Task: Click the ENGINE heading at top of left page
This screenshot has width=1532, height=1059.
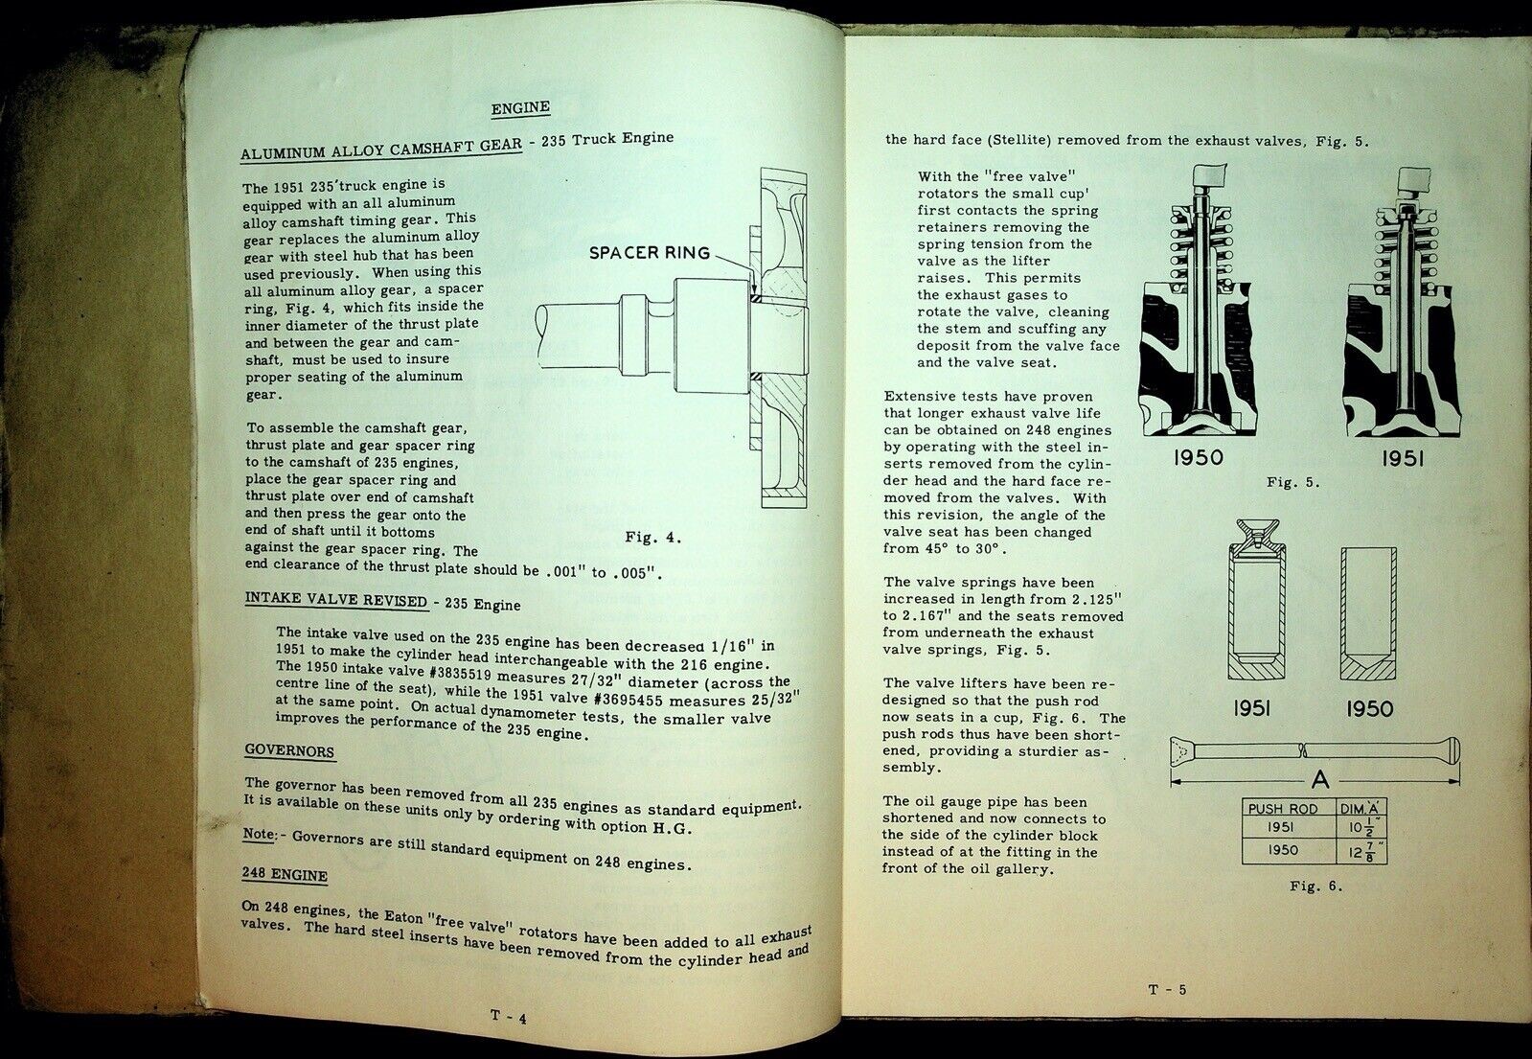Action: click(x=520, y=109)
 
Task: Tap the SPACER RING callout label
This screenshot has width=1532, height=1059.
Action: click(x=649, y=253)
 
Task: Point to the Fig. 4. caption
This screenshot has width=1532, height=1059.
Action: click(x=652, y=538)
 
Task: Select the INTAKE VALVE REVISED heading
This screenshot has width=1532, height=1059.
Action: click(x=335, y=600)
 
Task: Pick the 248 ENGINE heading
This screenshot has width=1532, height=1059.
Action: click(x=286, y=875)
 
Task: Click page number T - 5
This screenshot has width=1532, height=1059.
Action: click(x=1167, y=990)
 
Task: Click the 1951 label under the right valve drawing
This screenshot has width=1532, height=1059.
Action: click(x=1402, y=459)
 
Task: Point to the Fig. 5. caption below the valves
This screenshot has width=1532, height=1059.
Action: click(x=1292, y=482)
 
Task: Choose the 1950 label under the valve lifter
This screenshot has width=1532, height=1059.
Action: click(x=1369, y=709)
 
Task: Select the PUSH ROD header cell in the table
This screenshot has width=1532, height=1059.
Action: click(x=1283, y=808)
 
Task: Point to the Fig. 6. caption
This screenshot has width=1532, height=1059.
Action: click(x=1315, y=886)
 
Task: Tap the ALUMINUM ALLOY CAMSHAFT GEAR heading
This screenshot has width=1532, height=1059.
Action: click(x=380, y=147)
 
